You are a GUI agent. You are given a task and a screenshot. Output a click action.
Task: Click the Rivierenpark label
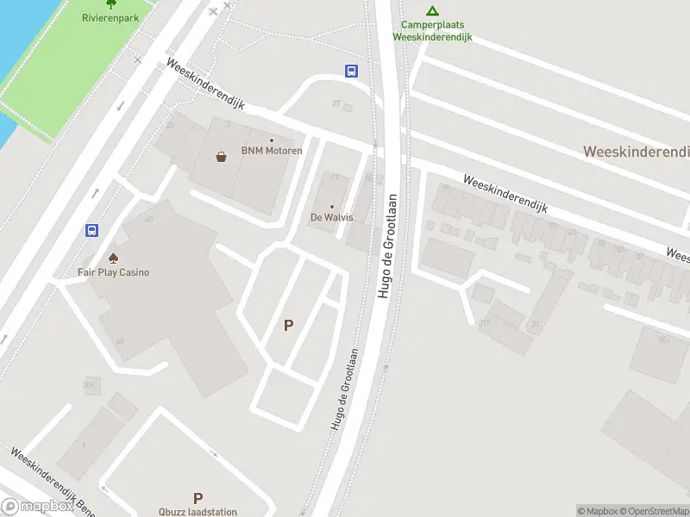pyautogui.click(x=110, y=17)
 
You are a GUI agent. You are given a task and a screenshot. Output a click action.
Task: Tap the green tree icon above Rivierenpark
pyautogui.click(x=110, y=3)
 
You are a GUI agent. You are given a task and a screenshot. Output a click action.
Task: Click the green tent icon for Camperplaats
pyautogui.click(x=433, y=11)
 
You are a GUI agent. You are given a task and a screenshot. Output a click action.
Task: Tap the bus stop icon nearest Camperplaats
pyautogui.click(x=352, y=71)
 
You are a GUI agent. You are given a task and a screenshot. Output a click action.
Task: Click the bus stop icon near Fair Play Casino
pyautogui.click(x=91, y=230)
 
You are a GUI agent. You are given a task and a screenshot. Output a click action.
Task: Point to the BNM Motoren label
pyautogui.click(x=272, y=151)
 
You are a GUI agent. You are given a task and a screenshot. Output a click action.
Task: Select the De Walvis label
pyautogui.click(x=332, y=217)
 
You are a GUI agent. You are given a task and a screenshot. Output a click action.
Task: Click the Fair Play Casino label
pyautogui.click(x=114, y=272)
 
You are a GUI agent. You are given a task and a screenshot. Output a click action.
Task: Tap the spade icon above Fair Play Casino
pyautogui.click(x=113, y=258)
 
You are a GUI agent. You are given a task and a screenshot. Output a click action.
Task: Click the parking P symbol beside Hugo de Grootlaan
pyautogui.click(x=289, y=326)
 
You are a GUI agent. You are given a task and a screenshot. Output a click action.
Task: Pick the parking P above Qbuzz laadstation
pyautogui.click(x=198, y=498)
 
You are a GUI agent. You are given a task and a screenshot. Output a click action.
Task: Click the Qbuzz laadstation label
pyautogui.click(x=198, y=512)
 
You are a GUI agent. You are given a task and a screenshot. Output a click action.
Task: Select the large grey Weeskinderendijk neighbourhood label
pyautogui.click(x=637, y=152)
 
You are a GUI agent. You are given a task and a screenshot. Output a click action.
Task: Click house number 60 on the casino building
pyautogui.click(x=120, y=341)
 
